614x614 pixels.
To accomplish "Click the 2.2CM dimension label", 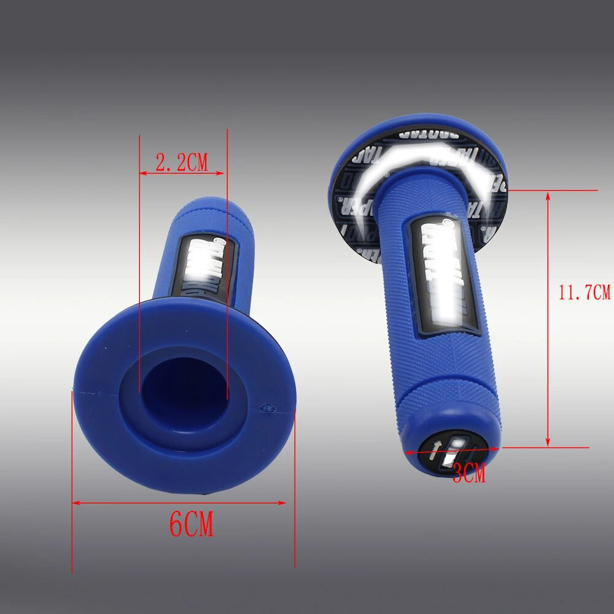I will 181,163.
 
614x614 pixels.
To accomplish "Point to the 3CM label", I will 469,473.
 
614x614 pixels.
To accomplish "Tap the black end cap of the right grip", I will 453,451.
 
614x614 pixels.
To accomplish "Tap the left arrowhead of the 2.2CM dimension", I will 143,174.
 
